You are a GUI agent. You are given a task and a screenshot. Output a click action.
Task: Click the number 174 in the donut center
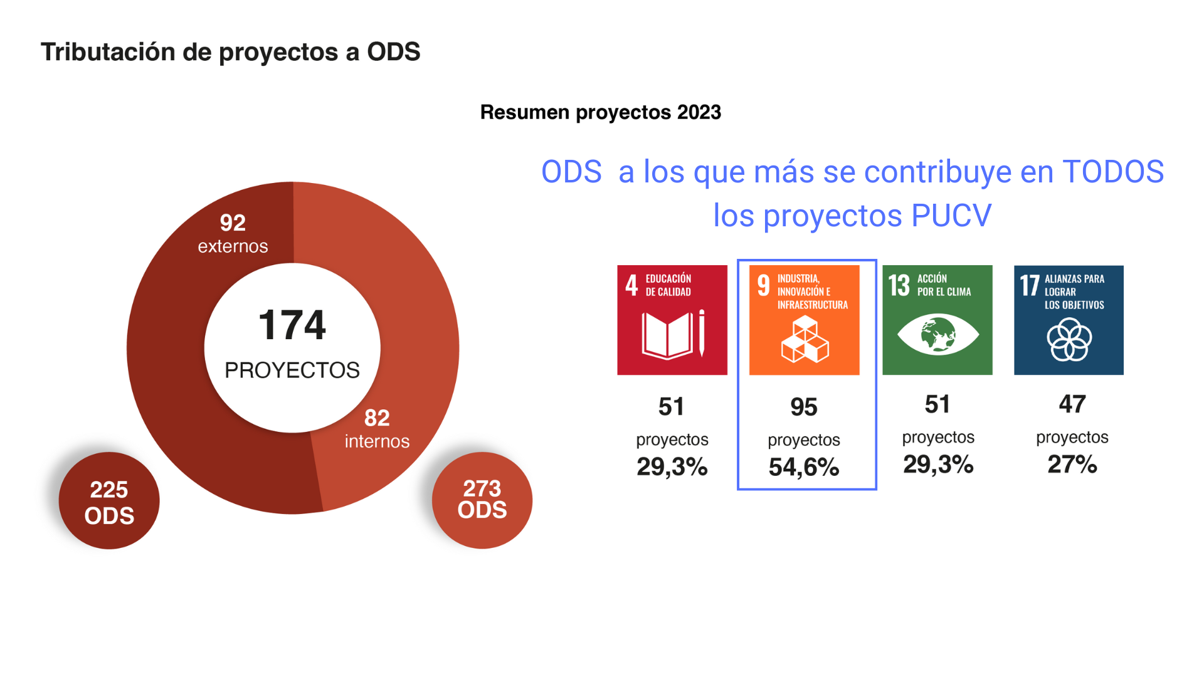(x=292, y=325)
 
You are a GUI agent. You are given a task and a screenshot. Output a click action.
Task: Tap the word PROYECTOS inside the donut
(x=292, y=370)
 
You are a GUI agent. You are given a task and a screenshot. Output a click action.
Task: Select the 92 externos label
(x=233, y=234)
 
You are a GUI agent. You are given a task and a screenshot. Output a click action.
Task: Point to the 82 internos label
(x=377, y=429)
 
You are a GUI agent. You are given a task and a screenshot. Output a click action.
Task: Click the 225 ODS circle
(x=109, y=501)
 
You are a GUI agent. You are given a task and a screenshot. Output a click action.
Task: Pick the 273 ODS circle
(x=482, y=500)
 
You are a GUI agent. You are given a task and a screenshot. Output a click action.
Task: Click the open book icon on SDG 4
(x=667, y=336)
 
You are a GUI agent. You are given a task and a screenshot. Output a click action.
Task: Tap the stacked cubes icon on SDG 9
(x=805, y=340)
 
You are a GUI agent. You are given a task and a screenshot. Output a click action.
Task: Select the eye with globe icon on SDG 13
(x=937, y=335)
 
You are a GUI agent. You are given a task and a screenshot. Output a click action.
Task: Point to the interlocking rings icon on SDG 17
(x=1069, y=340)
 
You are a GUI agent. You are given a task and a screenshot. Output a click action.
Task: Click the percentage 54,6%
(x=804, y=467)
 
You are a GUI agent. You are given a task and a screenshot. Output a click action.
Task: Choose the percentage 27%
(x=1072, y=464)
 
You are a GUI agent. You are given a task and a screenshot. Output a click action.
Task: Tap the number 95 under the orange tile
(x=804, y=407)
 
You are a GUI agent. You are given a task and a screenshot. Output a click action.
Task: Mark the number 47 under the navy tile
(x=1072, y=404)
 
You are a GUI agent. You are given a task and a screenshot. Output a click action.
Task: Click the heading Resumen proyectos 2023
(x=600, y=112)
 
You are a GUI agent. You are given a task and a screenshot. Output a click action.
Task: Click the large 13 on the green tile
(x=899, y=285)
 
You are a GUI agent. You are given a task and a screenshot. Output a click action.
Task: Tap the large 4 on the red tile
(x=631, y=285)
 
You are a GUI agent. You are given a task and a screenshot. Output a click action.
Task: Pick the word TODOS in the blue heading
(x=1113, y=172)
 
